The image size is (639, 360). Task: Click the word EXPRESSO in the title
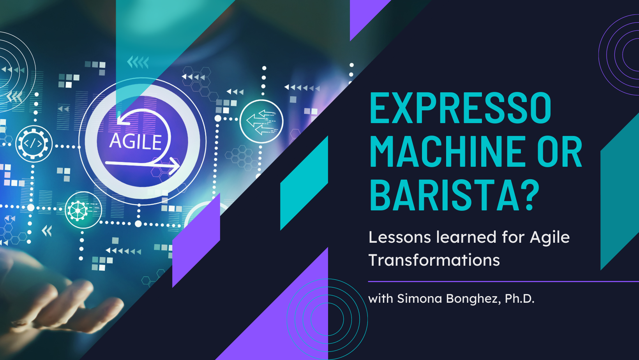(x=461, y=108)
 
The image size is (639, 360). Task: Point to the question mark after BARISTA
(x=530, y=195)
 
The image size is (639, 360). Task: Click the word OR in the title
(x=560, y=152)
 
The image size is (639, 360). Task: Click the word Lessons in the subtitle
(x=400, y=237)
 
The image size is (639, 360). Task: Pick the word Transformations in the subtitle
(x=434, y=260)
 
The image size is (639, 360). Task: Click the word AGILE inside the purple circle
(x=136, y=141)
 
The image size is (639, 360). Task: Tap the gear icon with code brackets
(x=34, y=144)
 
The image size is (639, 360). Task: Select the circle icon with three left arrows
(x=261, y=122)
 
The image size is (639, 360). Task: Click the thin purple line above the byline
(x=503, y=281)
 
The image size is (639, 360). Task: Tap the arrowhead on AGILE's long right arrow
(x=174, y=166)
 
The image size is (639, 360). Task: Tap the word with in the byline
(x=381, y=299)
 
